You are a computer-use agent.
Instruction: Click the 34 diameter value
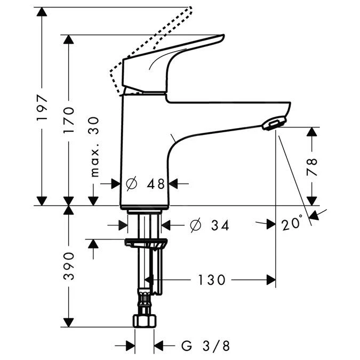coord(219,226)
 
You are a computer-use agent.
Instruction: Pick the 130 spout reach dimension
coord(212,279)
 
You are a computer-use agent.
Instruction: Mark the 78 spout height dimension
coord(311,166)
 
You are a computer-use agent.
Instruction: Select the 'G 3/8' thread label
coord(206,346)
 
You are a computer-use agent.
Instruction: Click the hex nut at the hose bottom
coord(144,321)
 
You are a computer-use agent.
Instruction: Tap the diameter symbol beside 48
coord(131,183)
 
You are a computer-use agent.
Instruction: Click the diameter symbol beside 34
coord(195,226)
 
